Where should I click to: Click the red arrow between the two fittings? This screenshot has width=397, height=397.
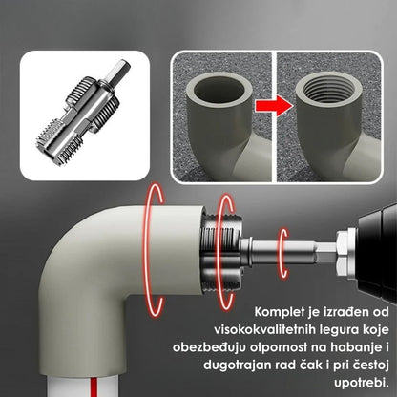(x=273, y=107)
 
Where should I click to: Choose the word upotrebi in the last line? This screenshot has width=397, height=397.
(x=362, y=383)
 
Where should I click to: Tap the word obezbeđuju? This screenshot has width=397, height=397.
(x=209, y=347)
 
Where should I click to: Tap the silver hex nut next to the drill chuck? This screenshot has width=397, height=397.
(x=345, y=249)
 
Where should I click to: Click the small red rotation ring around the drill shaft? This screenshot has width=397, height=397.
(x=282, y=253)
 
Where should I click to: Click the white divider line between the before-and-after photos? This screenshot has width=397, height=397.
(x=274, y=116)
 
